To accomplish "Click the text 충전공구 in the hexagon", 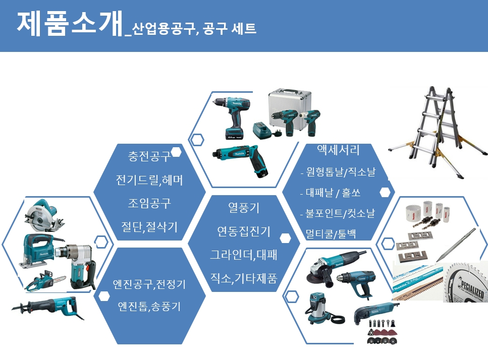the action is [149, 156].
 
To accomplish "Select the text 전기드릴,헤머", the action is [149, 180].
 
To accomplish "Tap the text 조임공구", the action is [149, 203].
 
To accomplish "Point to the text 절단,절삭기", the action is [149, 226].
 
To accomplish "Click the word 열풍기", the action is [244, 207].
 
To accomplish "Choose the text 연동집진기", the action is [244, 231].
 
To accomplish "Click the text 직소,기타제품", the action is [244, 278].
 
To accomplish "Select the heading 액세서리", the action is [338, 150].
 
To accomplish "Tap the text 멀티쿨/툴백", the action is [331, 233].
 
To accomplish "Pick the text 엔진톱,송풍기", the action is [149, 307].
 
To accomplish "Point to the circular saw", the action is [43, 215].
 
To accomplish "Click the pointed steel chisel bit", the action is [456, 245].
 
